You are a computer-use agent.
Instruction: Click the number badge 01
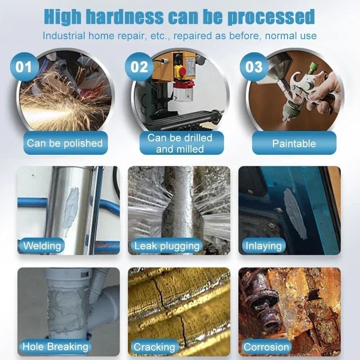(x=24, y=67)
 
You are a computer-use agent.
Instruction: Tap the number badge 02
(x=139, y=67)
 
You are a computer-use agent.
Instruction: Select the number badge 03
(x=254, y=67)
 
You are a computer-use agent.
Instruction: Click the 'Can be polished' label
(x=65, y=144)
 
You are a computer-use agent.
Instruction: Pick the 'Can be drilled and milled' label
(x=180, y=143)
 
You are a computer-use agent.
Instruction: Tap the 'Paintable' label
(x=294, y=144)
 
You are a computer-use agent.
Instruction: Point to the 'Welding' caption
(x=42, y=246)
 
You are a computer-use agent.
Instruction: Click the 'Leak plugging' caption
(x=166, y=246)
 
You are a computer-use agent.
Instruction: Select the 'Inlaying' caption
(x=263, y=246)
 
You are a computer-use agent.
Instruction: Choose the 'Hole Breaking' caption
(x=55, y=346)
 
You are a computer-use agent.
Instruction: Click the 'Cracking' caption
(x=154, y=347)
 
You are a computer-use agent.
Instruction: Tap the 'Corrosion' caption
(x=266, y=347)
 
